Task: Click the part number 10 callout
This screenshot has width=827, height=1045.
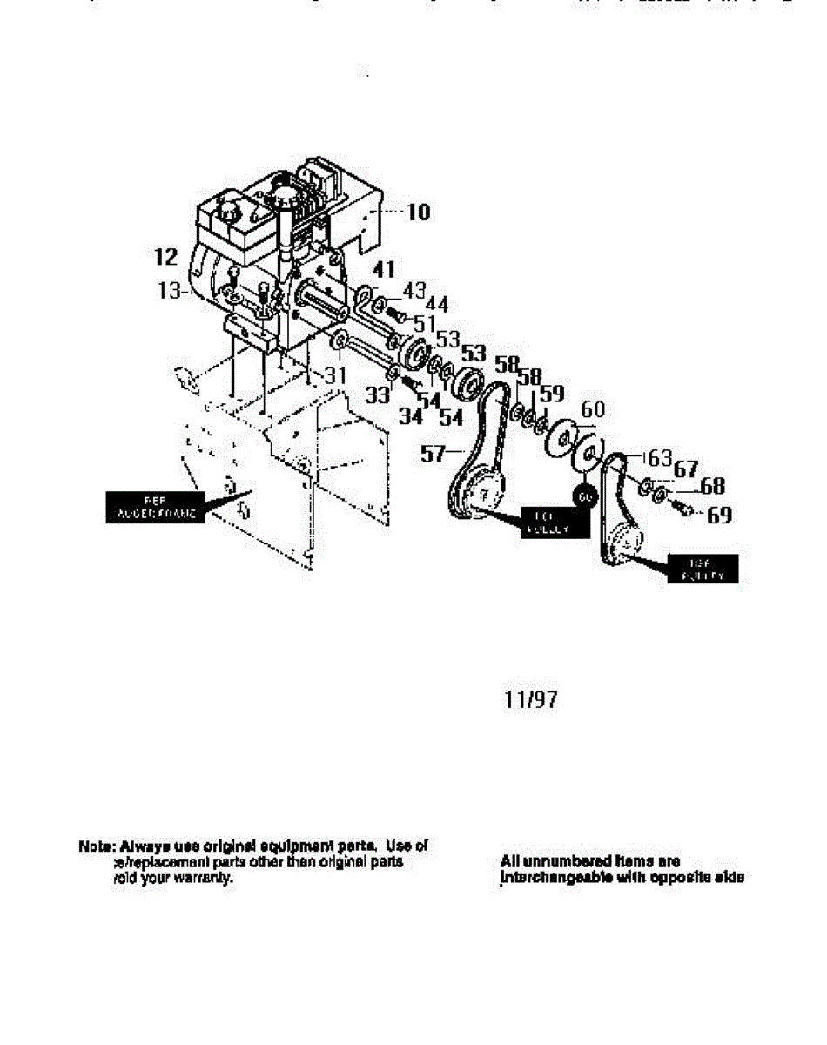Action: (x=418, y=212)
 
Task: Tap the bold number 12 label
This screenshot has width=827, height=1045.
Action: (x=165, y=257)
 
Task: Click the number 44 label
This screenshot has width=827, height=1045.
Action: (x=436, y=304)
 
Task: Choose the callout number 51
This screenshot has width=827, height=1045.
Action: (x=425, y=323)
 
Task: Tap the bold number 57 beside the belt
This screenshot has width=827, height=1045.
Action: (x=434, y=452)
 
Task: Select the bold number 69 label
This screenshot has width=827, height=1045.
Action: (x=719, y=516)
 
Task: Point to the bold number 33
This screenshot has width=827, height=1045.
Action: (x=377, y=396)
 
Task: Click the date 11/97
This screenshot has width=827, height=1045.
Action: (x=530, y=699)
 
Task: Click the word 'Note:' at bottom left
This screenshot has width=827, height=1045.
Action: (x=96, y=846)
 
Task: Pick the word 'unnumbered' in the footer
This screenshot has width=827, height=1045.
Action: (x=565, y=861)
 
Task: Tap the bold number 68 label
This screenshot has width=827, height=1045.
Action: (x=712, y=486)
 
